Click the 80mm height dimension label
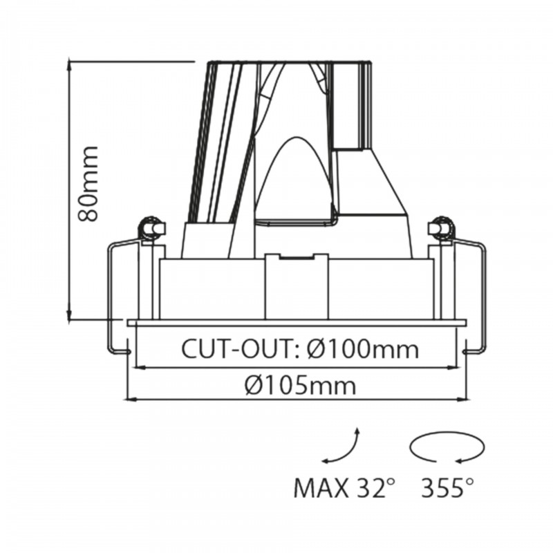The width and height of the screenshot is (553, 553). (x=88, y=184)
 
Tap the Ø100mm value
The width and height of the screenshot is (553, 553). (x=362, y=348)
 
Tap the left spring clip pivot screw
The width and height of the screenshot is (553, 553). (x=150, y=227)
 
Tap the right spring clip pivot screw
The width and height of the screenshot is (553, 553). (x=440, y=227)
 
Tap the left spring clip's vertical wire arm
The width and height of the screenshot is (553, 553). (x=111, y=297)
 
